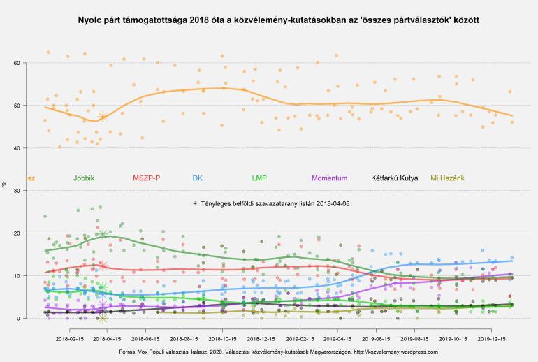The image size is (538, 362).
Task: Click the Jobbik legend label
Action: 84,178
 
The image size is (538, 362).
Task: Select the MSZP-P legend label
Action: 147,178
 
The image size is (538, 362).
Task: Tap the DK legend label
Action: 198,178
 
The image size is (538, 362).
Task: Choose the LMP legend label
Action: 259,178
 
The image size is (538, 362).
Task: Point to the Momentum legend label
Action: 330,178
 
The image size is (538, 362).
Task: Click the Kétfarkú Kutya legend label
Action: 395,178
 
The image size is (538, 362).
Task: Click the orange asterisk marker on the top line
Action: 103,117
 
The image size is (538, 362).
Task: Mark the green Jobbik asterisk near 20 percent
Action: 103,234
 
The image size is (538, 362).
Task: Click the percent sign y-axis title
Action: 5,184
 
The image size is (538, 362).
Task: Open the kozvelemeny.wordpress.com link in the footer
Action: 394,352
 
